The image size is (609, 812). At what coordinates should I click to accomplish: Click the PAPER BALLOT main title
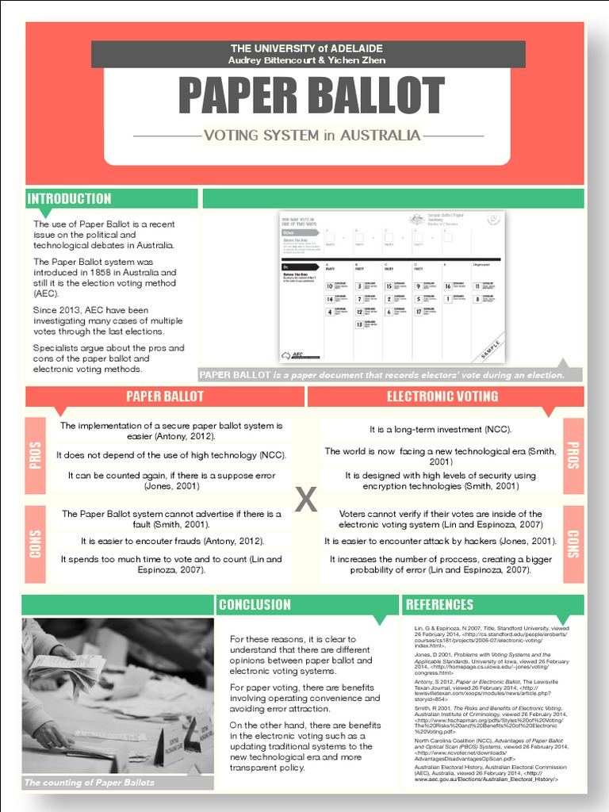click(310, 95)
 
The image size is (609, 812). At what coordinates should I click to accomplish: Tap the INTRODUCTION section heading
click(70, 198)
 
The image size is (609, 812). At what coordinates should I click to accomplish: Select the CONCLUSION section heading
click(255, 604)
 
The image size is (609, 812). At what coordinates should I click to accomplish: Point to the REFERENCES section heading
click(439, 604)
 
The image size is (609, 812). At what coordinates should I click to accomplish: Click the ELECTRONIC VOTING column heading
click(442, 396)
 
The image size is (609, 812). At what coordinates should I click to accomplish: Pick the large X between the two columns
click(306, 499)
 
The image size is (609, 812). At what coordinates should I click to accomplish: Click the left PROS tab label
click(36, 456)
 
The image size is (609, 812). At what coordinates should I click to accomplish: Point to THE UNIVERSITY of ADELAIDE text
click(307, 48)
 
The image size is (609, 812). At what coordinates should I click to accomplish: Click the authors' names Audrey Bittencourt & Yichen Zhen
click(307, 60)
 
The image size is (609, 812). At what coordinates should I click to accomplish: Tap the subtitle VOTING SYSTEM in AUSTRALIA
click(312, 136)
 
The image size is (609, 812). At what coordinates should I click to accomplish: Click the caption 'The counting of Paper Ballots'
click(90, 783)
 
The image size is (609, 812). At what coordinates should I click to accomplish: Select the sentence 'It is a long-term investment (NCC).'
click(440, 429)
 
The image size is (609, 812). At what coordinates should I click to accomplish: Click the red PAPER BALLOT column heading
click(165, 396)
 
